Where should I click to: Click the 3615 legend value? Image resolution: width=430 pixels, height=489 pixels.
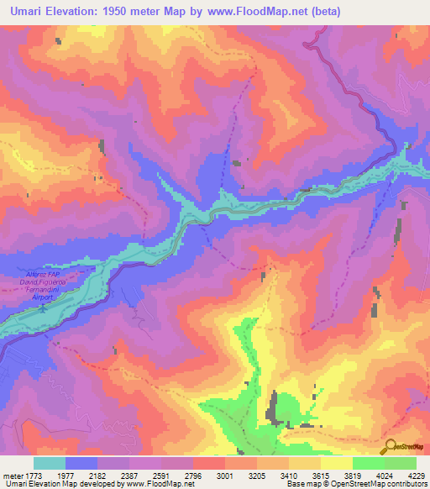[x=337, y=475]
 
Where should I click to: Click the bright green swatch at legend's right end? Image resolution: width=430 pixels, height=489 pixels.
[x=401, y=463]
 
